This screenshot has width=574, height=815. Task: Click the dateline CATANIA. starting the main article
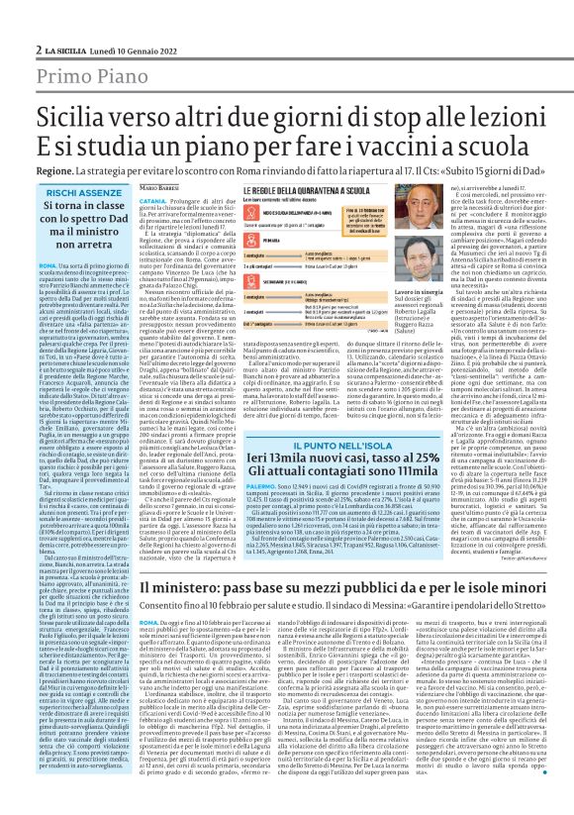coord(152,199)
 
